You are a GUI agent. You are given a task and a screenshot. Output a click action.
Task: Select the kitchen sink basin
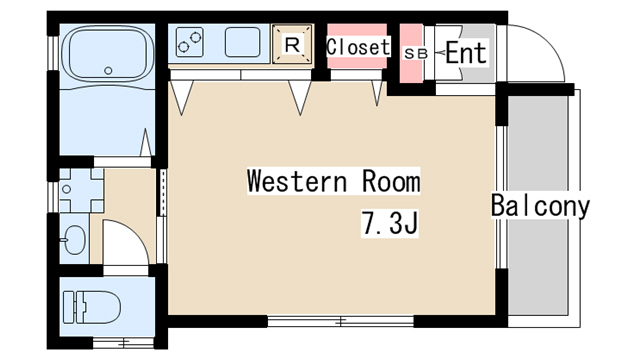(x=243, y=43)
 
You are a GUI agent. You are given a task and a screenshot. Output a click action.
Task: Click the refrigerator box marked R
(x=292, y=44)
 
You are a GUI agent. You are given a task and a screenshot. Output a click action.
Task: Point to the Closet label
(x=357, y=47)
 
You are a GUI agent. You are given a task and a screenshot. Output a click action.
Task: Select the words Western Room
(x=333, y=182)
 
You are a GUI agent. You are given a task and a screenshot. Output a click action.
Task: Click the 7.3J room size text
(x=388, y=224)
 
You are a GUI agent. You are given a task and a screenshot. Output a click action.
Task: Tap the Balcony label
(x=540, y=206)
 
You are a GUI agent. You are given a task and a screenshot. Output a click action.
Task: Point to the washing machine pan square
(x=75, y=187)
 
